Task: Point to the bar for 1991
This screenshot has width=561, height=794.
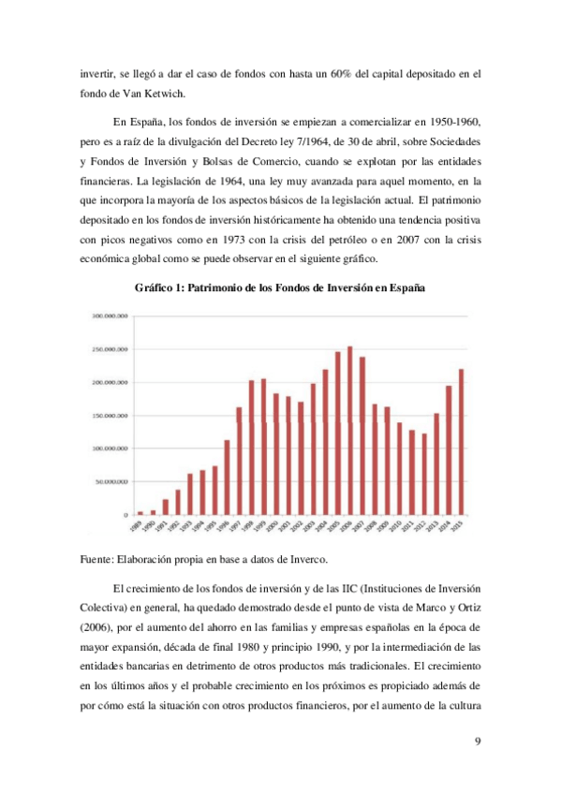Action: (x=166, y=507)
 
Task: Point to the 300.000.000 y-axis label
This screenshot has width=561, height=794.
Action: (x=111, y=316)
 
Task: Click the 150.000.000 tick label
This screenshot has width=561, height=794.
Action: (x=111, y=416)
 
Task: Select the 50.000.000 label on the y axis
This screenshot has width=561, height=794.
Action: (x=112, y=482)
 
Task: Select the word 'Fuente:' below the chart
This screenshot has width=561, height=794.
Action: (x=96, y=561)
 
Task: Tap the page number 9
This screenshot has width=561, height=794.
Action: (x=478, y=742)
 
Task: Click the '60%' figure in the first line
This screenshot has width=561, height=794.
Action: (x=344, y=73)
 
